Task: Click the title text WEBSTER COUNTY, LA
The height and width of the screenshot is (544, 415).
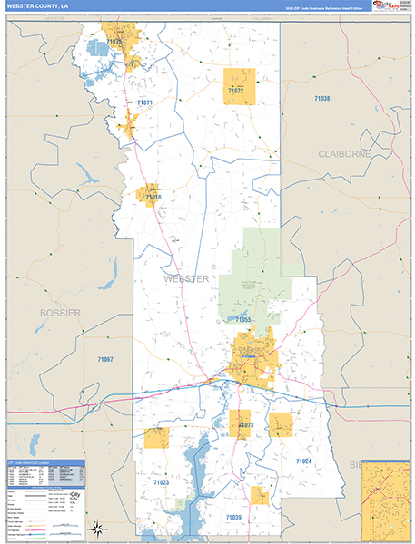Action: pos(37,7)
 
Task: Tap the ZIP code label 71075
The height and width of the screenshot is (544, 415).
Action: pos(114,42)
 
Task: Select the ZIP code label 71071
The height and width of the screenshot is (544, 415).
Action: pos(144,103)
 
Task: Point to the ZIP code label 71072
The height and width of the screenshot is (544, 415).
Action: pos(235,92)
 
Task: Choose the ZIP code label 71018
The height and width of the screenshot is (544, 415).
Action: pos(152,197)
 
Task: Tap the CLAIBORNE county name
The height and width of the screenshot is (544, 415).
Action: pos(341,154)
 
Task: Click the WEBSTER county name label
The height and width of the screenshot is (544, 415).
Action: pos(186,278)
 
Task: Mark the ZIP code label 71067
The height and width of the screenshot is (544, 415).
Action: pos(105,360)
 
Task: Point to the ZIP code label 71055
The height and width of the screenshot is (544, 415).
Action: pos(242,320)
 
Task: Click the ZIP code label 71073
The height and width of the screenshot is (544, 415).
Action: pos(244,424)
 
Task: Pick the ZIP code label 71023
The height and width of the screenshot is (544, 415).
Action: pos(161,482)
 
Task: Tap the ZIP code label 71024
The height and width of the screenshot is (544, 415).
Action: pos(303,461)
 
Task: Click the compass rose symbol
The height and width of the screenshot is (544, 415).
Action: pos(99,527)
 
